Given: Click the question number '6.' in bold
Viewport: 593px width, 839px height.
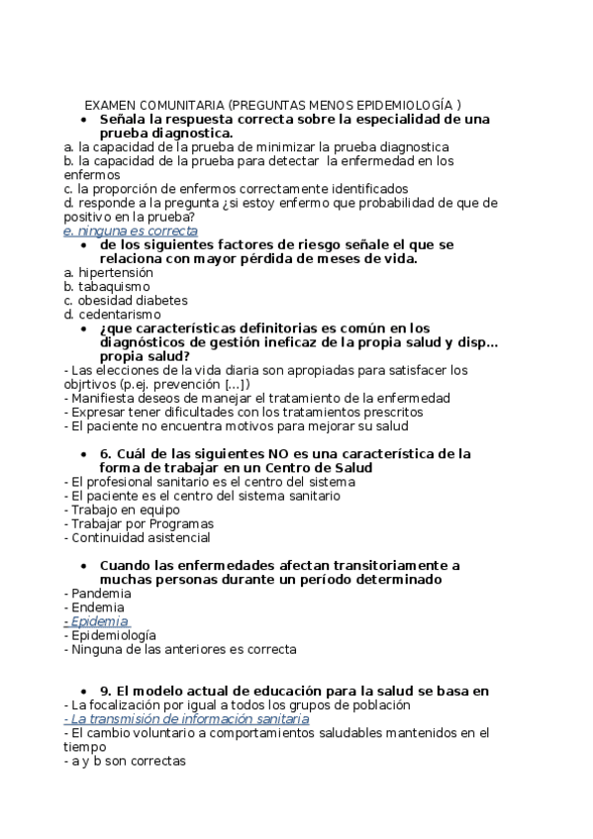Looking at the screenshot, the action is tap(108, 454).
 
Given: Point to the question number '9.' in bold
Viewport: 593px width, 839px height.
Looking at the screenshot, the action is tap(108, 691).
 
